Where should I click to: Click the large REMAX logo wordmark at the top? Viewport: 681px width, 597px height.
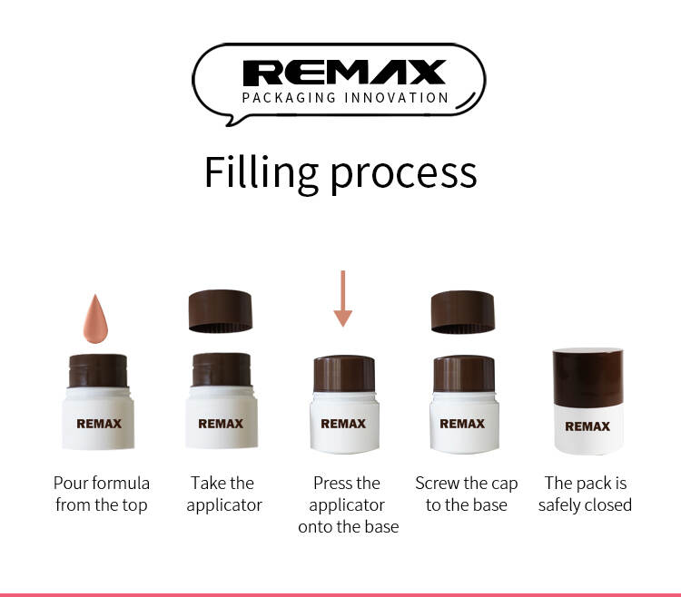(x=344, y=73)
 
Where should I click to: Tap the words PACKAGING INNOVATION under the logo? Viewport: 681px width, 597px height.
(x=345, y=98)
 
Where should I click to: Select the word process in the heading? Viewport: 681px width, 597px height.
(x=403, y=175)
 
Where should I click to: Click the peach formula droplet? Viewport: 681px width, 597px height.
(x=95, y=319)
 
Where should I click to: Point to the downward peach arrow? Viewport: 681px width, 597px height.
(x=343, y=298)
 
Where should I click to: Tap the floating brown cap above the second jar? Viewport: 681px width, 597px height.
(x=221, y=311)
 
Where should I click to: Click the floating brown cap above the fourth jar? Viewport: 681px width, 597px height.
(x=463, y=312)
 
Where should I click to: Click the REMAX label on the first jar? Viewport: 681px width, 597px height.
(x=99, y=424)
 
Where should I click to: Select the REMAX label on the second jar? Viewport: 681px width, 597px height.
(x=221, y=424)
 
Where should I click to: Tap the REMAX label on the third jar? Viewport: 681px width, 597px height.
(x=343, y=424)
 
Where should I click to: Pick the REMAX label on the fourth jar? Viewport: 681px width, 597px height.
(x=462, y=424)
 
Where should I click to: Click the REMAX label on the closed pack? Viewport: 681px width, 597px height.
(x=587, y=426)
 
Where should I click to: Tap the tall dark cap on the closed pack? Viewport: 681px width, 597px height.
(x=588, y=377)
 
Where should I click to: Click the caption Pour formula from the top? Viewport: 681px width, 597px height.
(x=102, y=494)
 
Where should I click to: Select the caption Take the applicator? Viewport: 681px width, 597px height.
(x=224, y=494)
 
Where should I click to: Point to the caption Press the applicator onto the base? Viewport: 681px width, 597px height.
(x=348, y=504)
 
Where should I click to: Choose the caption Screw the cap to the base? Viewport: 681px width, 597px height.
(x=467, y=494)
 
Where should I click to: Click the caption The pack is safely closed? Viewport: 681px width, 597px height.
(x=585, y=494)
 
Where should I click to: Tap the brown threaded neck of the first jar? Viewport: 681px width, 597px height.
(x=98, y=371)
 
